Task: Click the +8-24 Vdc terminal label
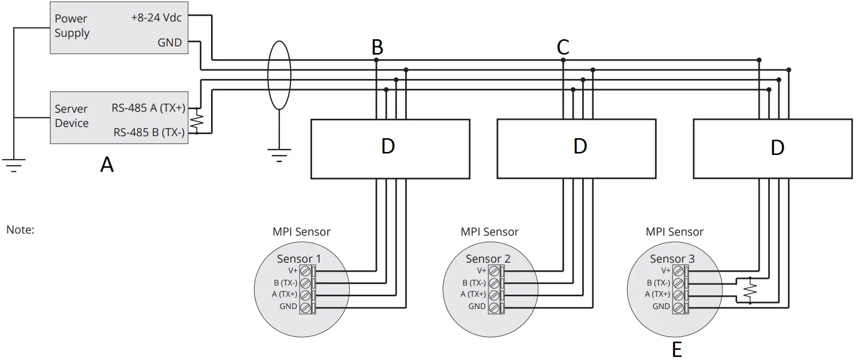pos(156,17)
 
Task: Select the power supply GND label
pos(169,43)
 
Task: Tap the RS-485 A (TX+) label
pos(148,108)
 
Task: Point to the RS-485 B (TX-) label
pos(149,133)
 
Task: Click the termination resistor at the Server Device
pos(196,121)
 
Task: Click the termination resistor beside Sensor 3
pos(750,291)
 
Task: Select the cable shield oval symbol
pos(279,75)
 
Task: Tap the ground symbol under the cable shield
pos(279,155)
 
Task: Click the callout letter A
pos(107,165)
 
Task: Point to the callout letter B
pos(377,47)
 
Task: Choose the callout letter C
pos(563,47)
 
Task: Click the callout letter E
pos(677,350)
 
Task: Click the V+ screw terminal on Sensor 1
pos(305,271)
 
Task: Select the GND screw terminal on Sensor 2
pos(494,307)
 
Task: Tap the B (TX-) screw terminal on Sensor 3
pos(678,283)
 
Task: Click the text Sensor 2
pos(488,259)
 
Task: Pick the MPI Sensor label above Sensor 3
pos(675,232)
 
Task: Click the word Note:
pos(20,230)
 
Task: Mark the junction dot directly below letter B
pos(376,60)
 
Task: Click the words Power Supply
pos(72,25)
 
